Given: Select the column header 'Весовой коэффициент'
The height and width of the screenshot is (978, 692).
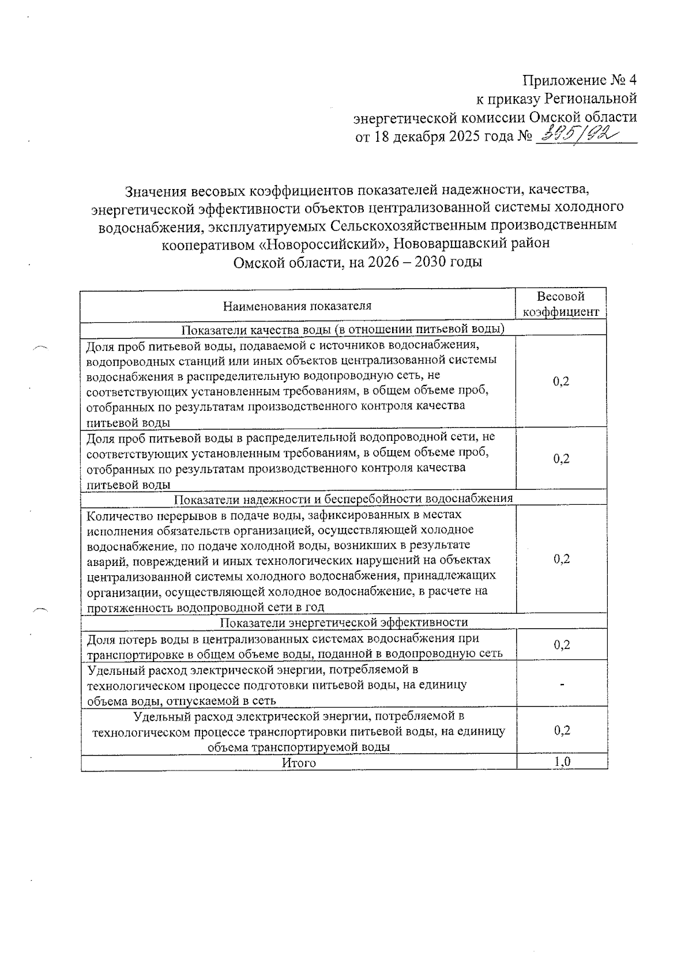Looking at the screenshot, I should [561, 304].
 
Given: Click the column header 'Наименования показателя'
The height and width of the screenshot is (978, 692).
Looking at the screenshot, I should [297, 306].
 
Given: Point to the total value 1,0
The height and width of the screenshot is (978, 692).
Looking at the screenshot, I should [562, 762].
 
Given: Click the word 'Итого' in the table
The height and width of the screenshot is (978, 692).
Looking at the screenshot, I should [299, 763].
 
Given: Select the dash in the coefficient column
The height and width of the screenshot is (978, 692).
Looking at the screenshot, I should [562, 685].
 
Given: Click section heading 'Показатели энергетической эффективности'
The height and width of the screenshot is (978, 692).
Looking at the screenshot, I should [344, 622].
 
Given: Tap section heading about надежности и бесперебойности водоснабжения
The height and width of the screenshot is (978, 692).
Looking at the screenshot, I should [344, 499].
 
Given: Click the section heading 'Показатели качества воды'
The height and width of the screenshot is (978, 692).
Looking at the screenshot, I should [344, 329].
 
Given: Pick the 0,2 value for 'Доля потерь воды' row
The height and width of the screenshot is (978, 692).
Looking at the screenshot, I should [562, 645].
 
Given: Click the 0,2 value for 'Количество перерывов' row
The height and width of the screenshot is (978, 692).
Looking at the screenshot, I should [562, 559].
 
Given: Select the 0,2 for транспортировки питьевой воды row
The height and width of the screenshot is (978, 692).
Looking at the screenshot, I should [562, 731].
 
